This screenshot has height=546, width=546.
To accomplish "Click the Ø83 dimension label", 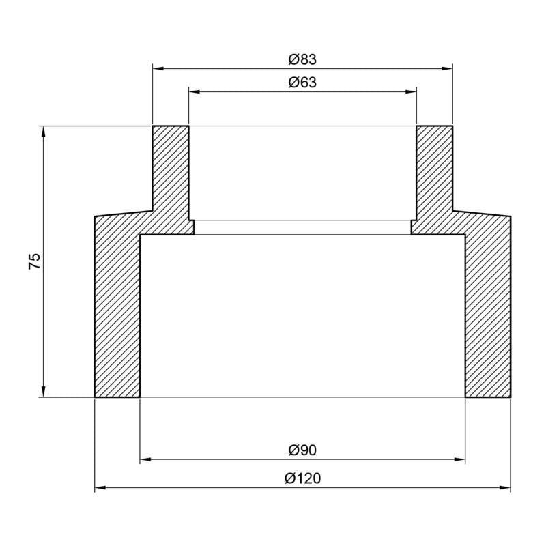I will [x=302, y=60].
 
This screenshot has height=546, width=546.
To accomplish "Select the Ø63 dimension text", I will [x=302, y=83].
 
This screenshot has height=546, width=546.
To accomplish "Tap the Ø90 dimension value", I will [x=302, y=451].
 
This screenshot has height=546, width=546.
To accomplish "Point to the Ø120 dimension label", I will [x=302, y=478].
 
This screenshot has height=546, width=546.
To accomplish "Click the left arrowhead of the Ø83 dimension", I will [x=157, y=69].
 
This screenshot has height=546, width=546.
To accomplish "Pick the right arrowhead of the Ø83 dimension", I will [x=448, y=69].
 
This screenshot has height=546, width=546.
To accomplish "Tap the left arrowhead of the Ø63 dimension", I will [x=193, y=91].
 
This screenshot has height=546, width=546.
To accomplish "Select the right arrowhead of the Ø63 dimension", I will [x=412, y=91].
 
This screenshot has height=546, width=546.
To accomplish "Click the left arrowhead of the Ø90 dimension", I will [x=145, y=460].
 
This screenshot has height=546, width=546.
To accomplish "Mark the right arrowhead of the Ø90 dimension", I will [x=460, y=460].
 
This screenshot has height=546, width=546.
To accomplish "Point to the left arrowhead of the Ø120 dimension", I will [x=99, y=488].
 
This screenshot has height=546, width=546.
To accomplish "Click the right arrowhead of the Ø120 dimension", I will [x=506, y=488].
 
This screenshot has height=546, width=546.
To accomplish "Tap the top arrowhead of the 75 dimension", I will [x=44, y=131].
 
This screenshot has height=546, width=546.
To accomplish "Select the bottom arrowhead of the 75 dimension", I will [x=44, y=392].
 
